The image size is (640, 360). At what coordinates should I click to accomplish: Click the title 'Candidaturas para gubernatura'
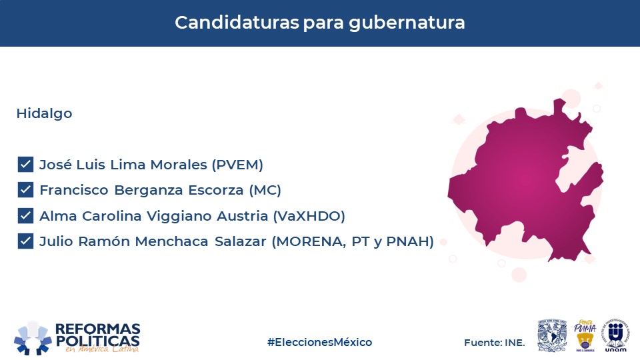(319, 23)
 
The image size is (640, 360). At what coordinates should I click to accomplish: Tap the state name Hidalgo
(44, 113)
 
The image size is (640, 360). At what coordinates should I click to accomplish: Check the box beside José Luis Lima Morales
(25, 165)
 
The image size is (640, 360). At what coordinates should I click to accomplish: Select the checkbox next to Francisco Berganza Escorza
(25, 190)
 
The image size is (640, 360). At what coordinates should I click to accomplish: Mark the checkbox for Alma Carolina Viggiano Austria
(25, 215)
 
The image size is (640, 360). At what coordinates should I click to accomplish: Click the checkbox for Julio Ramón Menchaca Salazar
(25, 241)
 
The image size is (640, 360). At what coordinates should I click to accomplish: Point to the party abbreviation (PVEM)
(237, 165)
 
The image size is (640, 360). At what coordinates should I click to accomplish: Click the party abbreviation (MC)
(265, 190)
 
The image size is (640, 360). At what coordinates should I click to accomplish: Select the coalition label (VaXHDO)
(309, 216)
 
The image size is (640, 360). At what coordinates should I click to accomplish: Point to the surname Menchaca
(171, 241)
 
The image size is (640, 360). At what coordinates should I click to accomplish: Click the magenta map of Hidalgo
(527, 179)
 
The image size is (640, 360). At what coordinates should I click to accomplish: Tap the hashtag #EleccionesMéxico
(319, 342)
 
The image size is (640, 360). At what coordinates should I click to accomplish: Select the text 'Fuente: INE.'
(494, 343)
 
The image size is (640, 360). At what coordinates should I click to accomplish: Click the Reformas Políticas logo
(77, 338)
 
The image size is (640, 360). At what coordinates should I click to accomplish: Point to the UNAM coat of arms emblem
(552, 335)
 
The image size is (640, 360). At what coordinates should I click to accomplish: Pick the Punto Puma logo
(585, 335)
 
